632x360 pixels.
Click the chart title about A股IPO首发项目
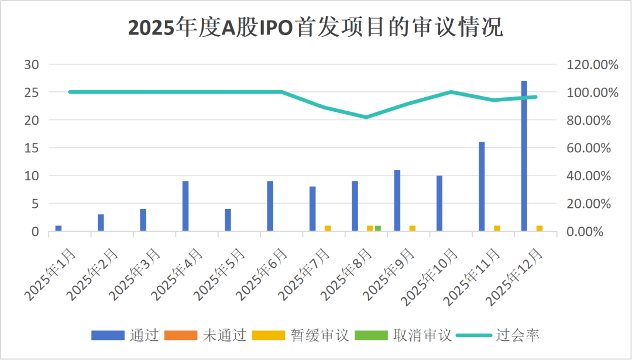pyautogui.click(x=315, y=28)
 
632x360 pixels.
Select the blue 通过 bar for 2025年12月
pyautogui.click(x=524, y=156)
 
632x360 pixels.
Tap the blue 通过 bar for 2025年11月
pyautogui.click(x=482, y=186)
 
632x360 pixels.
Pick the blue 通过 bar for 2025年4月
pyautogui.click(x=186, y=206)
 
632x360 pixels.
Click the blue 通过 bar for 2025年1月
pyautogui.click(x=59, y=228)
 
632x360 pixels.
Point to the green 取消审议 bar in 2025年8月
pyautogui.click(x=378, y=228)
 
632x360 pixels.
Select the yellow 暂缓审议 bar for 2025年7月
pyautogui.click(x=328, y=228)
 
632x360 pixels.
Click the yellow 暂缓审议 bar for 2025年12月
pyautogui.click(x=539, y=228)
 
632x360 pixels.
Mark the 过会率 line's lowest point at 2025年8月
pyautogui.click(x=366, y=117)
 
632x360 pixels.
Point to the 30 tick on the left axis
pyautogui.click(x=31, y=64)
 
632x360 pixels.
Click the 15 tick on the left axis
pyautogui.click(x=31, y=148)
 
